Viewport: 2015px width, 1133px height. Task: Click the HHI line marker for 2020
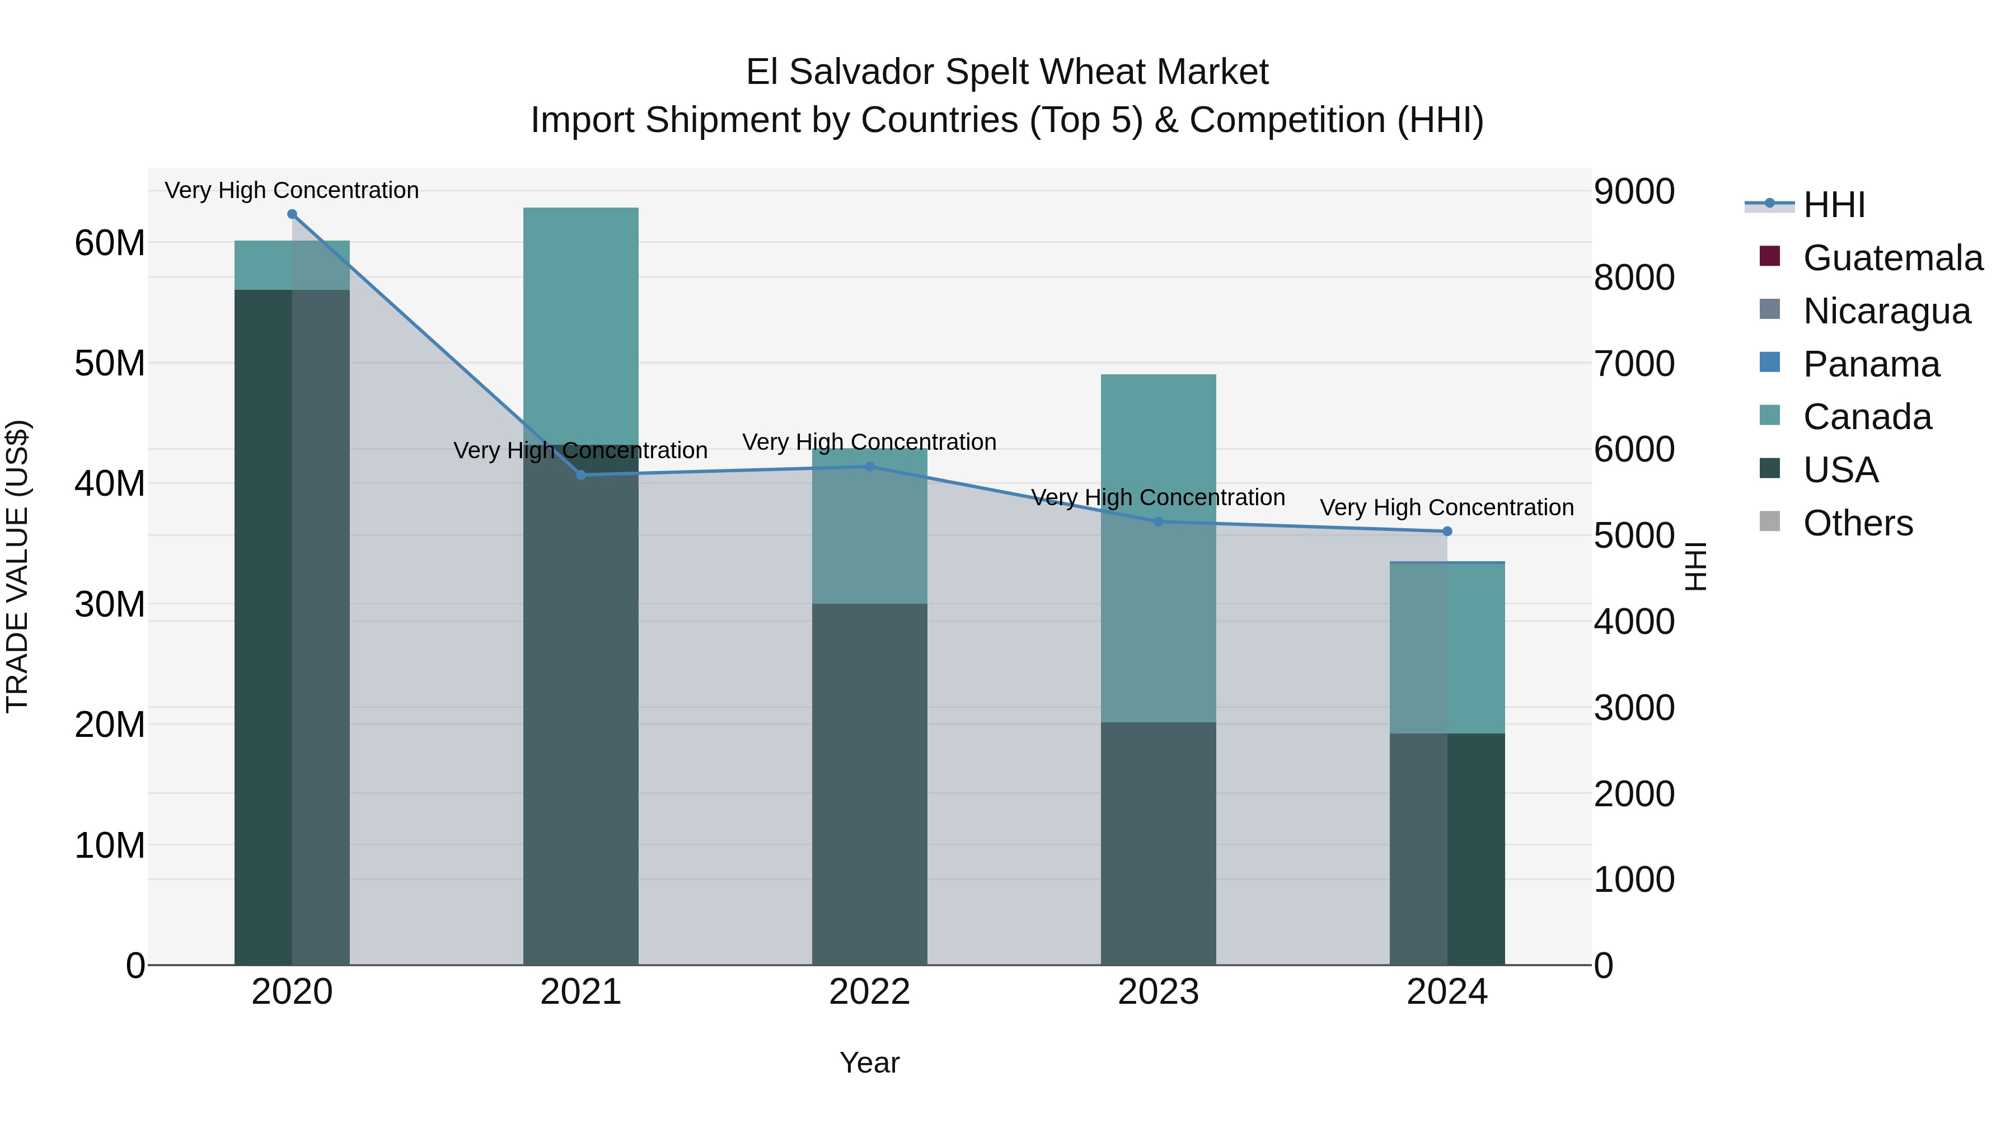292,214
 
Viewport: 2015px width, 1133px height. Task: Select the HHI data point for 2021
581,474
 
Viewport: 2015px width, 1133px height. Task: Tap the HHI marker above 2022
870,467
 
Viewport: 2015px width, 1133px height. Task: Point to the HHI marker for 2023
1159,521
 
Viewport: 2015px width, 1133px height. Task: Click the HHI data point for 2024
1447,532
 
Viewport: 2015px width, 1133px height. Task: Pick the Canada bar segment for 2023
1159,547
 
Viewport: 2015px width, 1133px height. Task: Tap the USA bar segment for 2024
1447,848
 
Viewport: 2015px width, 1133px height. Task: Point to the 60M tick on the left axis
110,243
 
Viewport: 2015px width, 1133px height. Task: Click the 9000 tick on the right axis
1634,191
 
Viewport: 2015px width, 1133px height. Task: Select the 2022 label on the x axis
870,992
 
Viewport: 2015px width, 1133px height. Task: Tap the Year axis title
870,1063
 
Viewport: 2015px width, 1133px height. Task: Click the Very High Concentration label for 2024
1447,507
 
